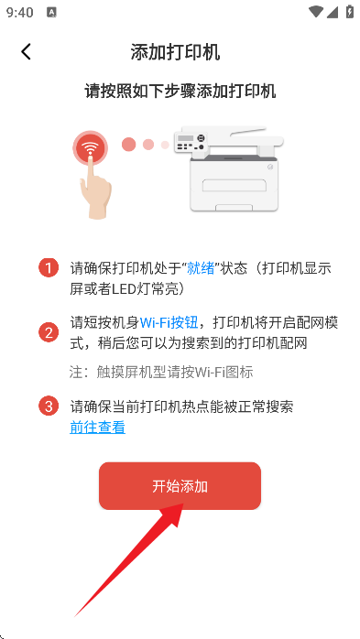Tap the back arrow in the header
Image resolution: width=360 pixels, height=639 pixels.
[x=26, y=51]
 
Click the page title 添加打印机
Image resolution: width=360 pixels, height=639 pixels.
[x=175, y=51]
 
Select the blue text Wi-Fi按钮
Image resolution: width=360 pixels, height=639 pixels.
[x=169, y=322]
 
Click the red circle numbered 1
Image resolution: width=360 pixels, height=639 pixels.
[x=49, y=268]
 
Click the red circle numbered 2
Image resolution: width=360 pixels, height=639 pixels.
[x=49, y=332]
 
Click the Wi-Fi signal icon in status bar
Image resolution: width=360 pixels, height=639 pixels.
[x=317, y=12]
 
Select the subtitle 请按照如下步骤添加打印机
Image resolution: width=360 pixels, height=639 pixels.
[x=180, y=92]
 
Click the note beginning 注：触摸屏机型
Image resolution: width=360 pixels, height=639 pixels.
[x=161, y=372]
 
